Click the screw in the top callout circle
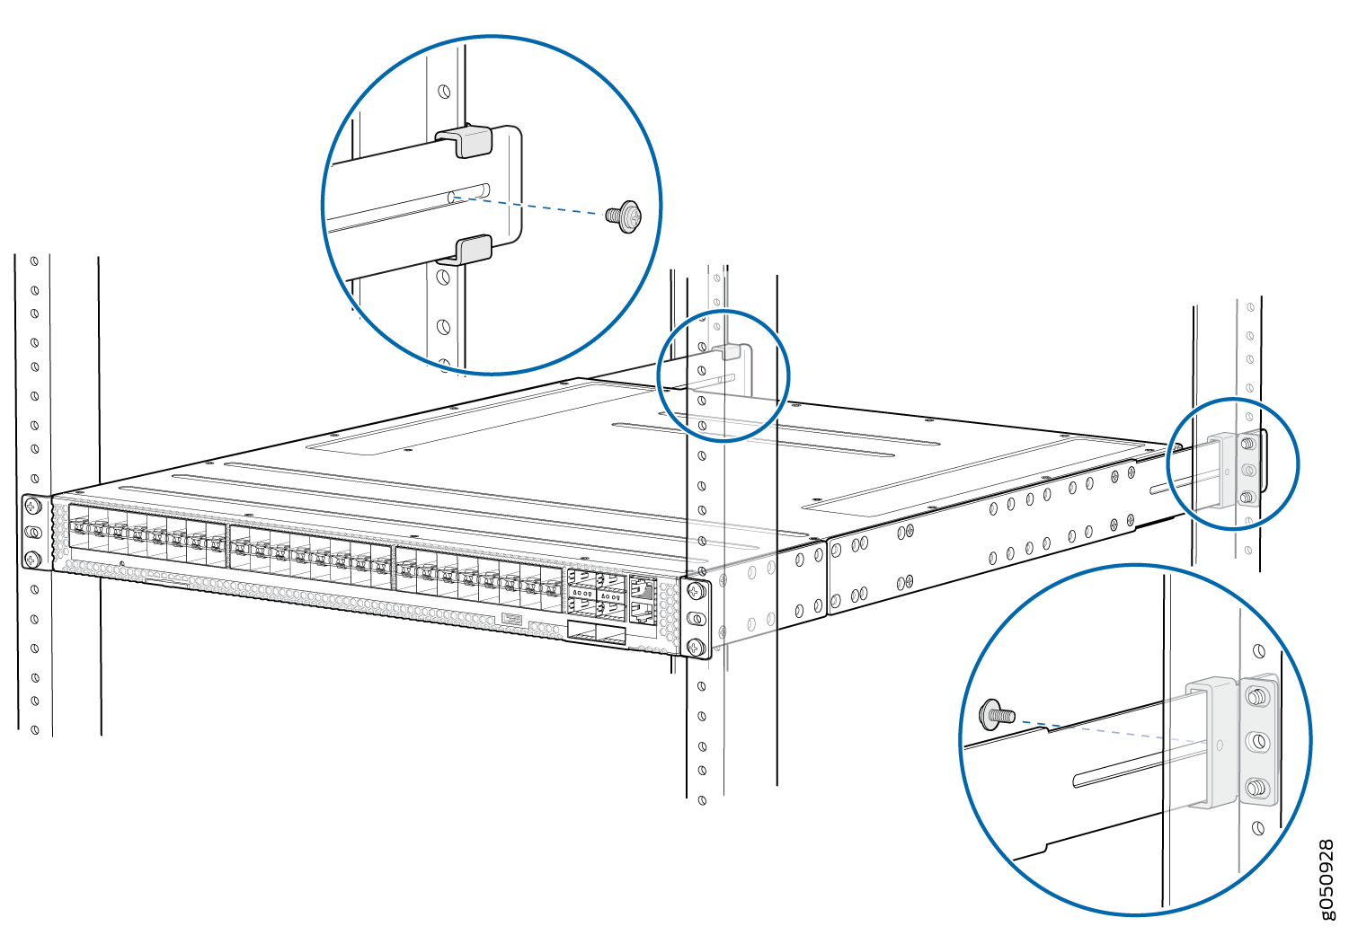pos(624,216)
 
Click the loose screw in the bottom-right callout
pos(997,715)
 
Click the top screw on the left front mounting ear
pos(32,507)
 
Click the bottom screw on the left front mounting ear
pos(32,560)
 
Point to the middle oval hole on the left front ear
pos(33,533)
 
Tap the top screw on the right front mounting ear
pos(696,592)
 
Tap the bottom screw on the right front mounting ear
pos(696,648)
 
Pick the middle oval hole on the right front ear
pos(696,619)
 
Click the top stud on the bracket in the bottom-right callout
pos(1256,698)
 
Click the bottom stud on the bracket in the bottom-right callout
pos(1256,788)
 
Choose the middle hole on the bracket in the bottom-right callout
pos(1256,742)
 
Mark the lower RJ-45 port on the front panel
pos(643,611)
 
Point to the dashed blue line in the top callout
pos(528,205)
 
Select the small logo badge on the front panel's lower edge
pos(511,618)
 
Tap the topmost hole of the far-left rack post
pos(34,261)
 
